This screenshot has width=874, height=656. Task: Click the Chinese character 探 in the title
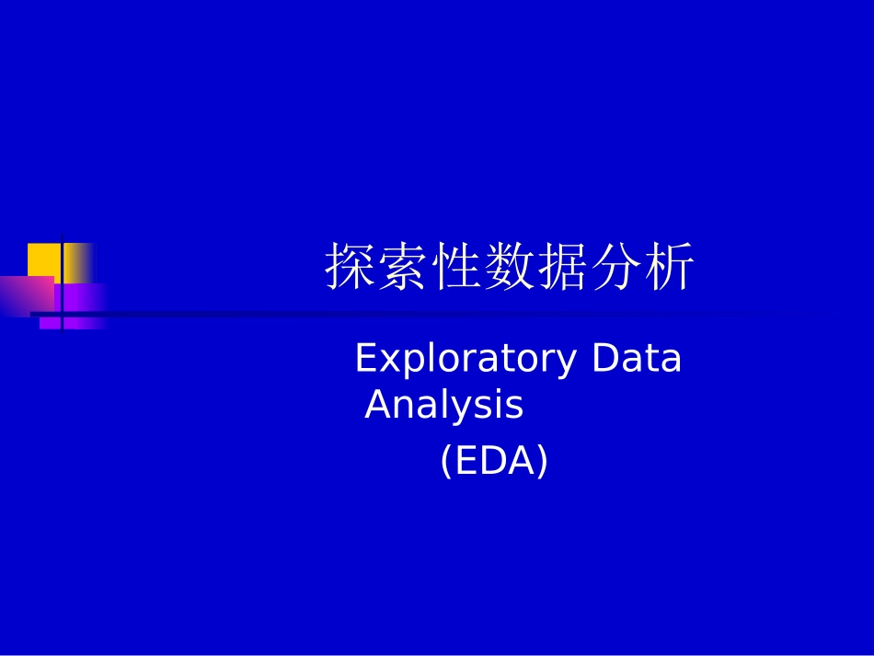[x=351, y=269]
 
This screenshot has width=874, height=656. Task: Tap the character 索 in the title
[x=404, y=269]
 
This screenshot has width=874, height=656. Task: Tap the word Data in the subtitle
[x=637, y=358]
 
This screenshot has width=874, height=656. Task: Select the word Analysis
[x=444, y=405]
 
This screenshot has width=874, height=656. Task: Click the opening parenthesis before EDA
[x=446, y=461]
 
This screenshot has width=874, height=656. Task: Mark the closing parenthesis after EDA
[x=542, y=461]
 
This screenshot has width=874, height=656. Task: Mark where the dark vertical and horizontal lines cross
[x=62, y=315]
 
